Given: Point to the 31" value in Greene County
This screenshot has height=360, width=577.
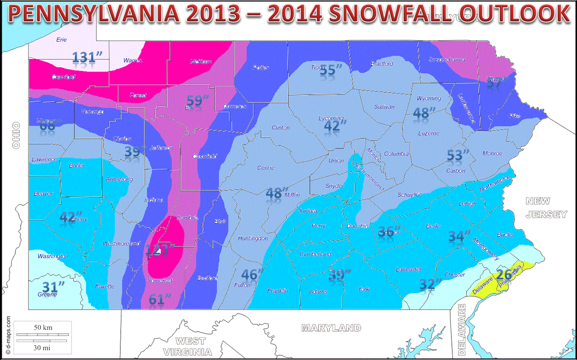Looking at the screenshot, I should (54, 287).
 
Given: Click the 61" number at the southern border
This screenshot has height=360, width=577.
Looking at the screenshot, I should (160, 299).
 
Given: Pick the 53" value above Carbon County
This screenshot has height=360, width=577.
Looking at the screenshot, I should (457, 155).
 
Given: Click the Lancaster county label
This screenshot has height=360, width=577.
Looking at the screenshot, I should (409, 269).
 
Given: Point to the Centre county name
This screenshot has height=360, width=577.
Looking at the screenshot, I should (266, 168).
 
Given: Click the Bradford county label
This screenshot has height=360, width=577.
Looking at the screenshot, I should (382, 63).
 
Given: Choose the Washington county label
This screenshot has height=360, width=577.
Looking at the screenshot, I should (53, 256).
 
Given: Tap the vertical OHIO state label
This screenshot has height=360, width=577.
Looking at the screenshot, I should (16, 135).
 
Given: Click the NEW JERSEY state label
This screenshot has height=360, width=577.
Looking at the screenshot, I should (546, 208).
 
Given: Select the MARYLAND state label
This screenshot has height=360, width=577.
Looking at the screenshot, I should (331, 328).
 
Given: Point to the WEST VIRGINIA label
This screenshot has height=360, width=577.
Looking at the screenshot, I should (190, 347).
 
